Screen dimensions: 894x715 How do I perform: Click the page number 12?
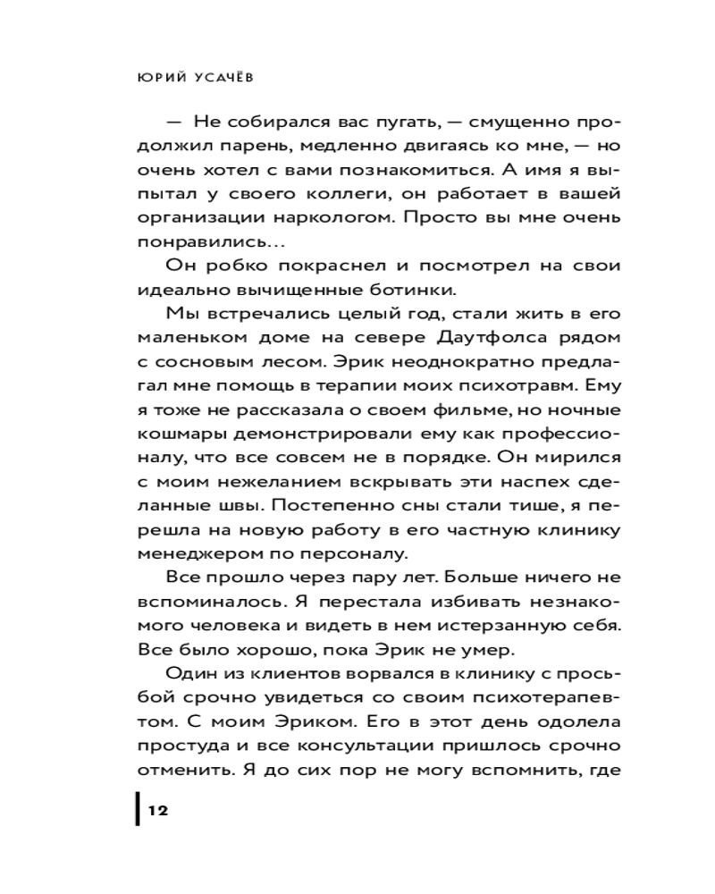(158, 811)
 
